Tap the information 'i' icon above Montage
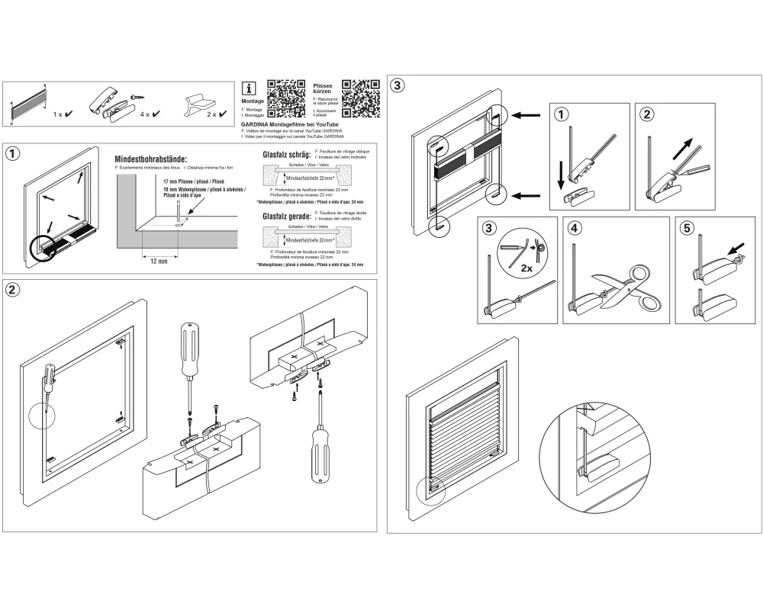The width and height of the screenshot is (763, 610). pos(247,87)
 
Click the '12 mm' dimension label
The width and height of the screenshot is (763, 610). pos(159,260)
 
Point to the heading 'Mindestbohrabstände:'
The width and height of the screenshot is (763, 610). pos(150,159)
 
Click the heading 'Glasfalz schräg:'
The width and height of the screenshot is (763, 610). pos(286,155)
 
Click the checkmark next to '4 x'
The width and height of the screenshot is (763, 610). pos(156,114)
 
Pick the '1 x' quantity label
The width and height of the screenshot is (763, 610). pos(58,114)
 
